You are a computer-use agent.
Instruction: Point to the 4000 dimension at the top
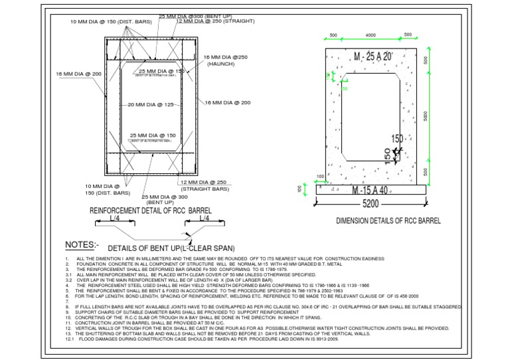click(x=371, y=36)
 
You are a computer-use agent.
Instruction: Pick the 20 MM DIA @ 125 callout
click(x=150, y=105)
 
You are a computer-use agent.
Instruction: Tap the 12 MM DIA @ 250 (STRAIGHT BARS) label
click(x=205, y=185)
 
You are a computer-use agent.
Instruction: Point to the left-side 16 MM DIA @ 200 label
click(x=78, y=74)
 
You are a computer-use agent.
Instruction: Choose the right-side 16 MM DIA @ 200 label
click(x=227, y=103)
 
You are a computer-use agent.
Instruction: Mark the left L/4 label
click(x=116, y=218)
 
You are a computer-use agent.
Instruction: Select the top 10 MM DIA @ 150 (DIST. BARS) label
click(x=111, y=22)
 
